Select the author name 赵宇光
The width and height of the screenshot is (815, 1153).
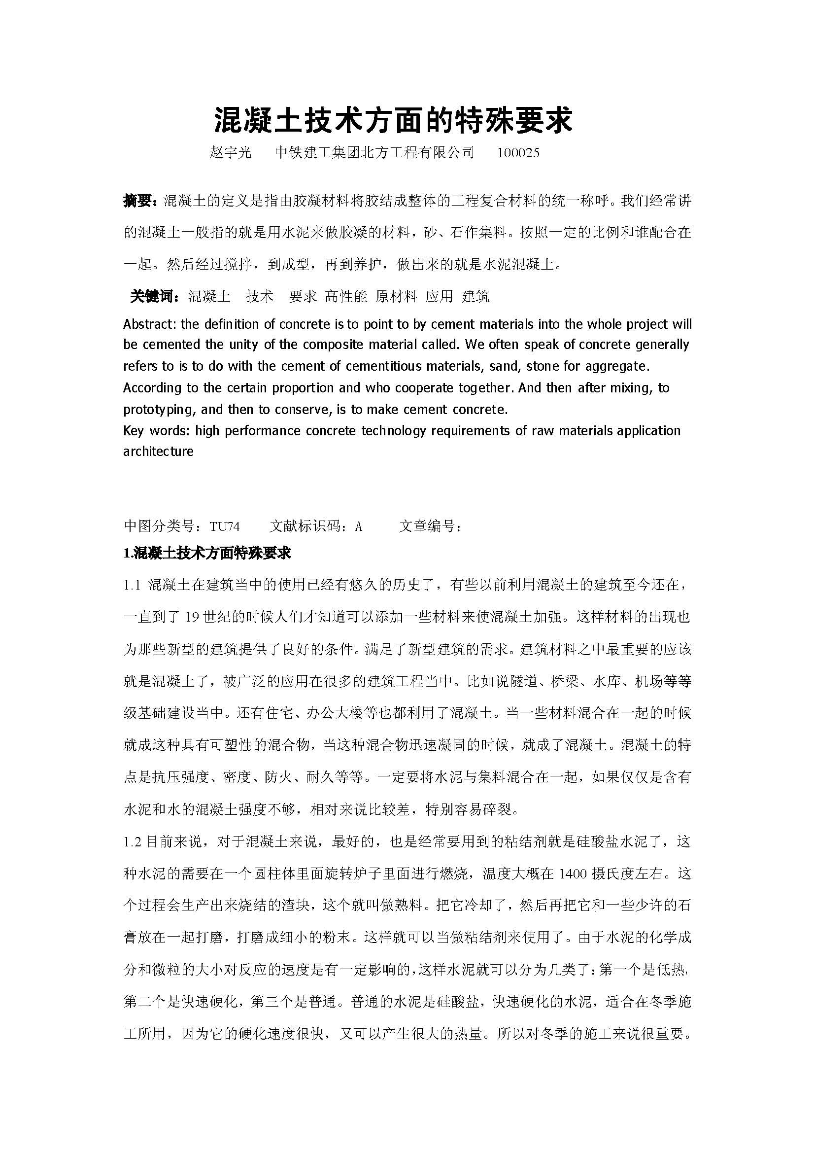pos(230,153)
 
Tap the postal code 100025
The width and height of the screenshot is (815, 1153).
pos(518,153)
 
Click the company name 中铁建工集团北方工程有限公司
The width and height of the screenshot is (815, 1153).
pos(375,153)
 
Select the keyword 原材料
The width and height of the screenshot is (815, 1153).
pos(396,296)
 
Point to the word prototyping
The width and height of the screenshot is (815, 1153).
pos(160,409)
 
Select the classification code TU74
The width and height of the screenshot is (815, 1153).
pos(224,526)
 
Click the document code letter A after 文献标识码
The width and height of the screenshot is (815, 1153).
pos(358,526)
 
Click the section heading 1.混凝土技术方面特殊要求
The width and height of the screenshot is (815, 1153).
pos(207,554)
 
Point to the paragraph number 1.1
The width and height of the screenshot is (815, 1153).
pos(132,585)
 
